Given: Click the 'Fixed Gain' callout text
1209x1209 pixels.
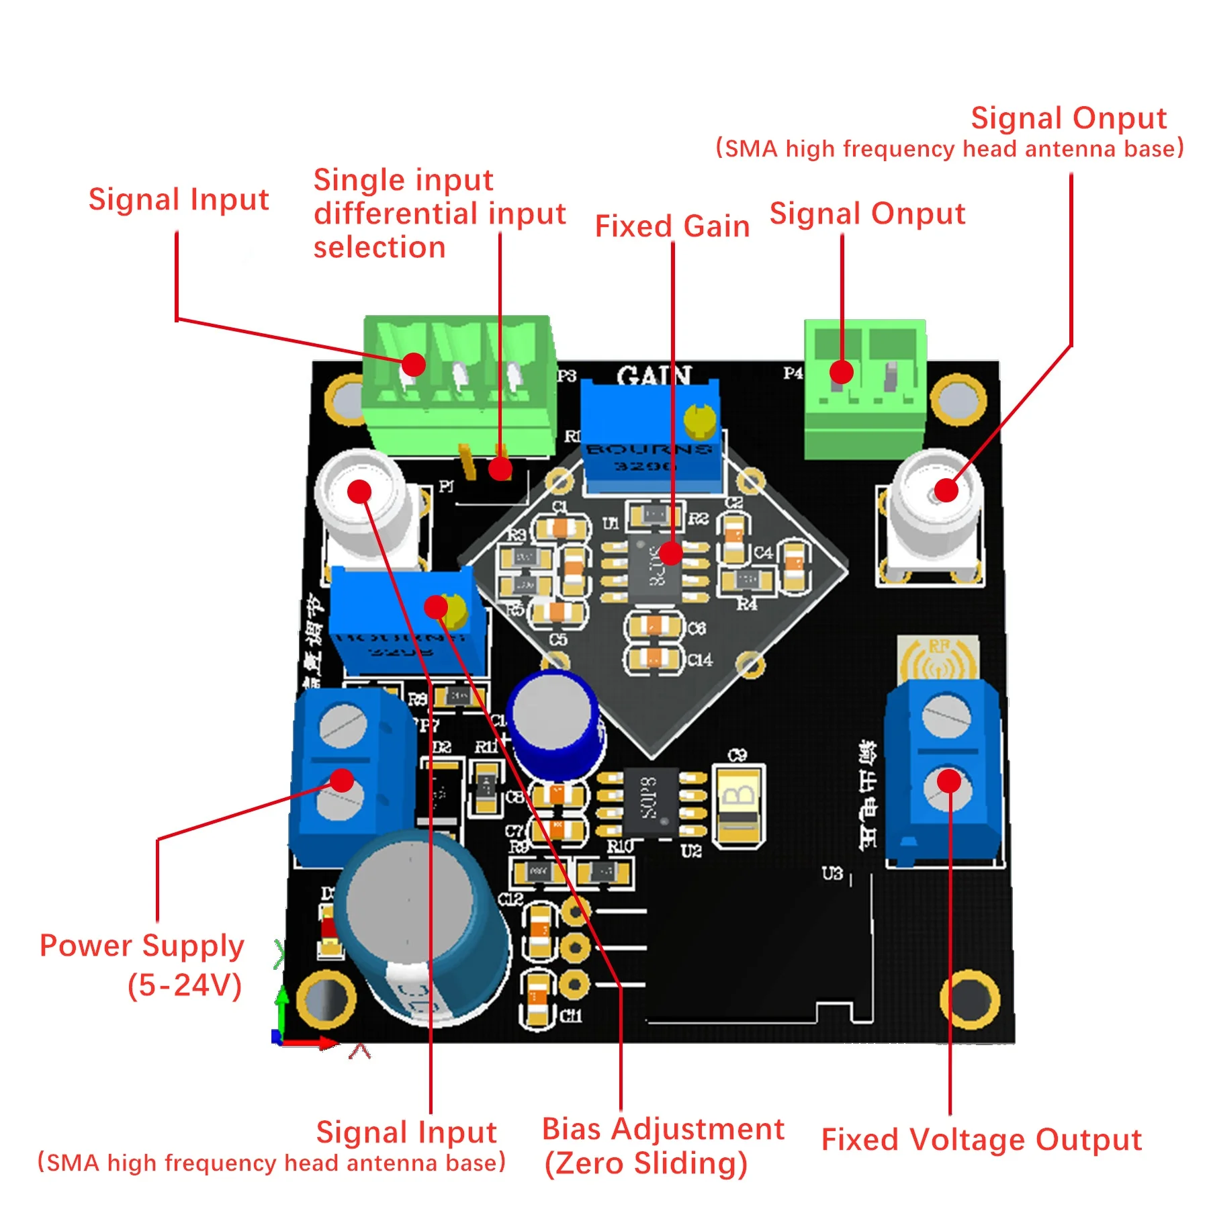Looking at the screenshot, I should click(672, 226).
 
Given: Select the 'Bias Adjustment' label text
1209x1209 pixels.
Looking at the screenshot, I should click(662, 1129).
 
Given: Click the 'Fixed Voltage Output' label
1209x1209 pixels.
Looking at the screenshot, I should click(981, 1140).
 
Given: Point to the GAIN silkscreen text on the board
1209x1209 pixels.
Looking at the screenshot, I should click(654, 375).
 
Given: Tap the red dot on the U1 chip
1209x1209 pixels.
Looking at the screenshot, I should click(670, 553).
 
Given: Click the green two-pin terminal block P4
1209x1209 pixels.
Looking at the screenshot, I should click(865, 390).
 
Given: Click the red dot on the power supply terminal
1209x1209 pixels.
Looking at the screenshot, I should click(342, 780).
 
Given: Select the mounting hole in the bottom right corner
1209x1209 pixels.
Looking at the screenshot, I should click(969, 999).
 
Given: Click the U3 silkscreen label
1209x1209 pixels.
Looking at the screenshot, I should click(832, 873).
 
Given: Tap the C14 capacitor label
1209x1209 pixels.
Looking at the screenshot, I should click(700, 660).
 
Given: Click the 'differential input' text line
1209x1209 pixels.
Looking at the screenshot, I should click(440, 214).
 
